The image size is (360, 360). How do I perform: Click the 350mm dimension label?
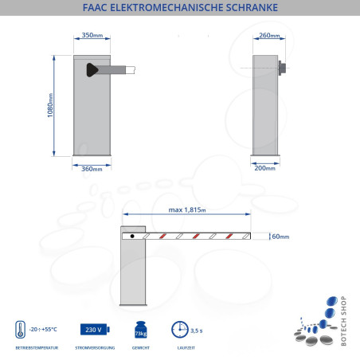92,36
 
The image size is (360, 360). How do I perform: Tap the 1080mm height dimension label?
51,106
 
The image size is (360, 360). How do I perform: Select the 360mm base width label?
92,169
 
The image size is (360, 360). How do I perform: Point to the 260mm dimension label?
270,36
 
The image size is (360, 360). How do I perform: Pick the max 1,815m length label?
187,210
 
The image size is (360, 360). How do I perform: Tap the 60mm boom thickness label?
280,236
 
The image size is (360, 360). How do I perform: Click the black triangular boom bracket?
99,70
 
